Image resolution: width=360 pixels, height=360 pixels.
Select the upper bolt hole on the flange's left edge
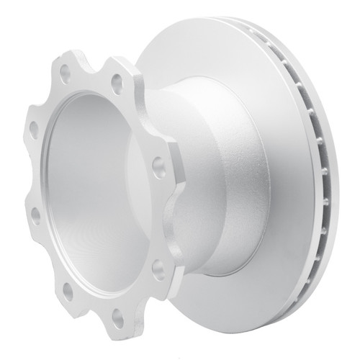coord(34,130)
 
